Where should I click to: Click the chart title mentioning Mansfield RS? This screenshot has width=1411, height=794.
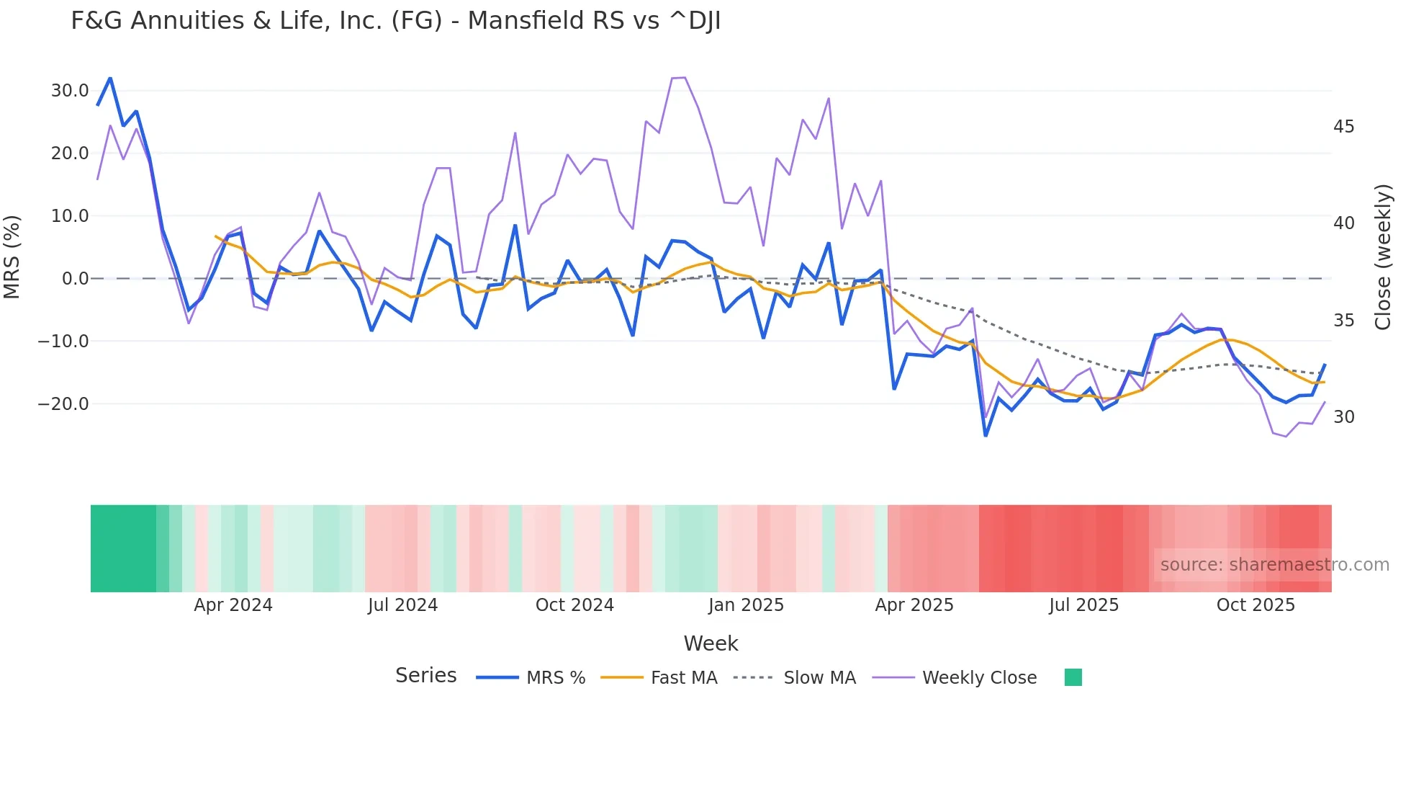pyautogui.click(x=395, y=21)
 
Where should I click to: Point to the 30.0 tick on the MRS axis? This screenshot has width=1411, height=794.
pyautogui.click(x=70, y=91)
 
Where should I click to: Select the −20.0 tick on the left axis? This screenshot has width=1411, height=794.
pyautogui.click(x=63, y=404)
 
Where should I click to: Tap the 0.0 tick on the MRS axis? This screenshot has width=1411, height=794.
pyautogui.click(x=76, y=279)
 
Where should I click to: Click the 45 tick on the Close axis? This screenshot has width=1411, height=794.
pyautogui.click(x=1343, y=127)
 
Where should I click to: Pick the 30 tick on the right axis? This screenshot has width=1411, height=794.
pyautogui.click(x=1343, y=417)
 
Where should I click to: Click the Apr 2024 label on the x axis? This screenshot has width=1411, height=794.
pyautogui.click(x=233, y=605)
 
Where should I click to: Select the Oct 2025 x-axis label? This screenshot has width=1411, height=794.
pyautogui.click(x=1256, y=605)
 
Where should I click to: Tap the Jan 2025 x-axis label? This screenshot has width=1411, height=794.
pyautogui.click(x=746, y=605)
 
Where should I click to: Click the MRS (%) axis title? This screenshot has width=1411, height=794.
pyautogui.click(x=12, y=257)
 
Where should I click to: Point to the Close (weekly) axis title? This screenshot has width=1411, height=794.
pyautogui.click(x=1383, y=257)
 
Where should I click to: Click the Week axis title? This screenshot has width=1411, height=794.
pyautogui.click(x=711, y=643)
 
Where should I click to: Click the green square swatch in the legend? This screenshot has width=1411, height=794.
pyautogui.click(x=1073, y=677)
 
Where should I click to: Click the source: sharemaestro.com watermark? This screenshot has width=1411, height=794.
pyautogui.click(x=1274, y=565)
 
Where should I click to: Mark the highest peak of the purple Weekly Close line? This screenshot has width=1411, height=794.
pyautogui.click(x=684, y=77)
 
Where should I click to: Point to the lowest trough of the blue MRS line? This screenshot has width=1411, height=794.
pyautogui.click(x=986, y=435)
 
